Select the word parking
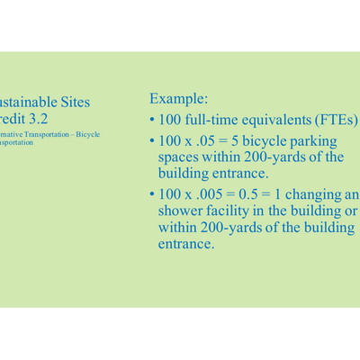click(x=310, y=141)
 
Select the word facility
click(x=233, y=211)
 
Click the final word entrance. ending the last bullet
click(x=186, y=243)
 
